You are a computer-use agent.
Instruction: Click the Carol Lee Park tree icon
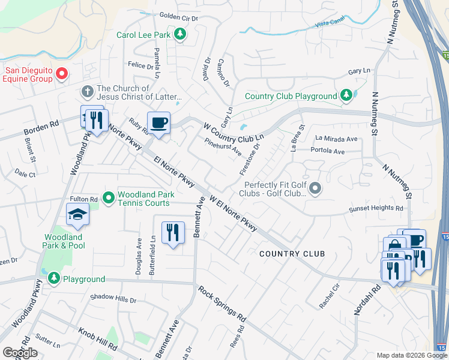(179, 34)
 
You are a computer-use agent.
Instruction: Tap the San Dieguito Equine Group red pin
(62, 74)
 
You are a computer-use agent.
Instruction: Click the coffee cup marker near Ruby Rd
(158, 123)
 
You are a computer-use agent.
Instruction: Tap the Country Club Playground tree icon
(346, 95)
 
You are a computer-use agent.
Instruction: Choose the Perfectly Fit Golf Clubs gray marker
(315, 190)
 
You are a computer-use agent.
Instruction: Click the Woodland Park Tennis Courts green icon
(109, 197)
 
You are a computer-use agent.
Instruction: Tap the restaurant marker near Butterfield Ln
(173, 232)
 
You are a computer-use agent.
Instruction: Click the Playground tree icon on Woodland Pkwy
(54, 279)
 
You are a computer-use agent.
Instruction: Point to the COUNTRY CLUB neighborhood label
(292, 254)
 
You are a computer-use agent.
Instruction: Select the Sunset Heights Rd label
(377, 209)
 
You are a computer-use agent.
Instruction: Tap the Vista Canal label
(328, 25)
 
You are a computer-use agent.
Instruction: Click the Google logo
(20, 353)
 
